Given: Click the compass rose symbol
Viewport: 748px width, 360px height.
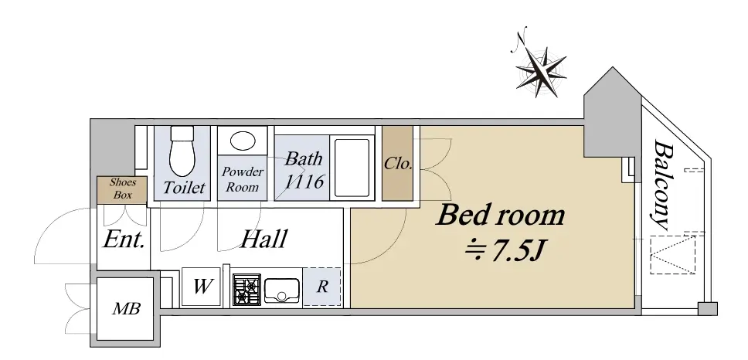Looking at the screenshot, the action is [x=541, y=72].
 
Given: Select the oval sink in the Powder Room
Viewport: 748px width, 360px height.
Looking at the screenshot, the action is [x=243, y=141].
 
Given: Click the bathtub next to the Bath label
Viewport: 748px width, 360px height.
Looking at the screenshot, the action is [x=352, y=168].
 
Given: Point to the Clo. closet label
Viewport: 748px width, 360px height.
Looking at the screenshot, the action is [x=398, y=164].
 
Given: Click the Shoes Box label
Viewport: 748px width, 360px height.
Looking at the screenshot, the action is [x=123, y=188].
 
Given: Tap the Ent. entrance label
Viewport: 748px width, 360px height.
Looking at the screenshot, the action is [x=124, y=239].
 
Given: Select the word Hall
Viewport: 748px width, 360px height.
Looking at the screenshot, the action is [x=263, y=239].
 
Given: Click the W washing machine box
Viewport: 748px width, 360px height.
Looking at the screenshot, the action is [x=202, y=287].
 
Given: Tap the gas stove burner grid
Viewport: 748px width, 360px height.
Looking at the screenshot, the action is [x=246, y=290].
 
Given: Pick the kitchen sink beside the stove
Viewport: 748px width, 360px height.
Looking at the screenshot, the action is [x=282, y=290].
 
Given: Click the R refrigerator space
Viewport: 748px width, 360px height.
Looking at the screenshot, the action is [x=322, y=287].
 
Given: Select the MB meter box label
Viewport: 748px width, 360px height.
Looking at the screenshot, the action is [x=127, y=309].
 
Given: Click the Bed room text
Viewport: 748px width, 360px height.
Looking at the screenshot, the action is [x=501, y=215].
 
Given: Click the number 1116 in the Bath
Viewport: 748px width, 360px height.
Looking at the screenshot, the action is [x=304, y=182].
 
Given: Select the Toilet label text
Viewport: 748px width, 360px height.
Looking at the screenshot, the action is [x=184, y=188].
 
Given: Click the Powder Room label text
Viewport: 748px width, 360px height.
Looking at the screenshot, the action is [x=243, y=179].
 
